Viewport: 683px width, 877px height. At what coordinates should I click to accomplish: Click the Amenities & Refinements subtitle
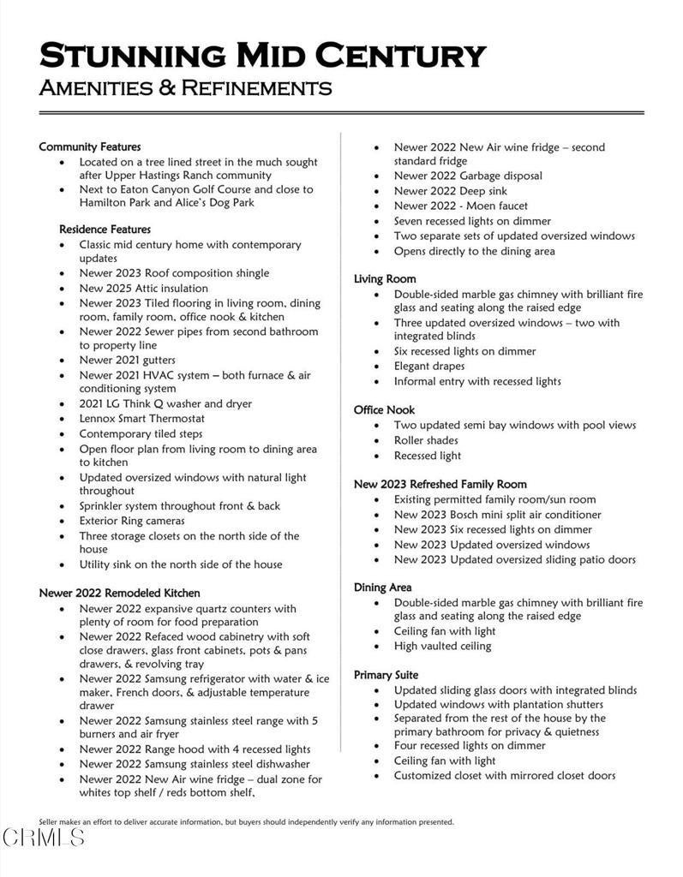[185, 87]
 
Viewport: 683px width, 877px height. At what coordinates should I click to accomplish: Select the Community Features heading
[89, 147]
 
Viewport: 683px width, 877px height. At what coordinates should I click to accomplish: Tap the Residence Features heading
[105, 230]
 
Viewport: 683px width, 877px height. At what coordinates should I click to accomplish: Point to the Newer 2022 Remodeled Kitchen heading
[119, 593]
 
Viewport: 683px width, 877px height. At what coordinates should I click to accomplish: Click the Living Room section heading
[385, 279]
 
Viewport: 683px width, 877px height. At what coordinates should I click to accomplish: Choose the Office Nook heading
[384, 410]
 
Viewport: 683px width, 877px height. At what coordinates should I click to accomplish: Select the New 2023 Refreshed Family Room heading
[440, 485]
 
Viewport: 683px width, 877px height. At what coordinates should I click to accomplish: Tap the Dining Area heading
[382, 588]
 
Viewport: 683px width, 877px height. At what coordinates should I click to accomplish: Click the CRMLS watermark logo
[43, 837]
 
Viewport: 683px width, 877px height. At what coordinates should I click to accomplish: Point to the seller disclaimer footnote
[246, 822]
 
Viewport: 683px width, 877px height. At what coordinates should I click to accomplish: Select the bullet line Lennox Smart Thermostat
[141, 419]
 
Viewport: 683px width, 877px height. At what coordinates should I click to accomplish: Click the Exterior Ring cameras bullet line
[131, 521]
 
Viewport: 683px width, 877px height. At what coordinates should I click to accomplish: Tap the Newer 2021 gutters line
[127, 360]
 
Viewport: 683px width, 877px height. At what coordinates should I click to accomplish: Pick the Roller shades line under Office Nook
[427, 440]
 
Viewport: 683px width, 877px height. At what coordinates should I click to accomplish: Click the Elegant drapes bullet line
[429, 367]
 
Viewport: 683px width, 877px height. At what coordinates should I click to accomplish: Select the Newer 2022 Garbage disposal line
[467, 176]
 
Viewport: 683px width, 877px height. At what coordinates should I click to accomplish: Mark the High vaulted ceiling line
[442, 646]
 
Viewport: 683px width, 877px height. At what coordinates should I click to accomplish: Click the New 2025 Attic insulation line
[143, 288]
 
